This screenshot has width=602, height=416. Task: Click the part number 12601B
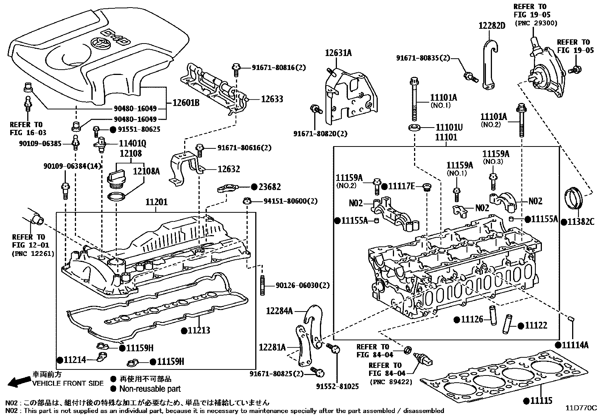coord(186,103)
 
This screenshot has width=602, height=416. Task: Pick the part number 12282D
coord(492,26)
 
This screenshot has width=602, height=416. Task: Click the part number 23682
coord(270,187)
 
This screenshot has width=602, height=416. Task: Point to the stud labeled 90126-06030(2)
coord(262,285)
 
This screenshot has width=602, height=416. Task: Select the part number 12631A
coord(338,53)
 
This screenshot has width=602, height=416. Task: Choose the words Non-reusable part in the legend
coord(150,389)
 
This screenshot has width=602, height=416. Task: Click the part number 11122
coord(536,326)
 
